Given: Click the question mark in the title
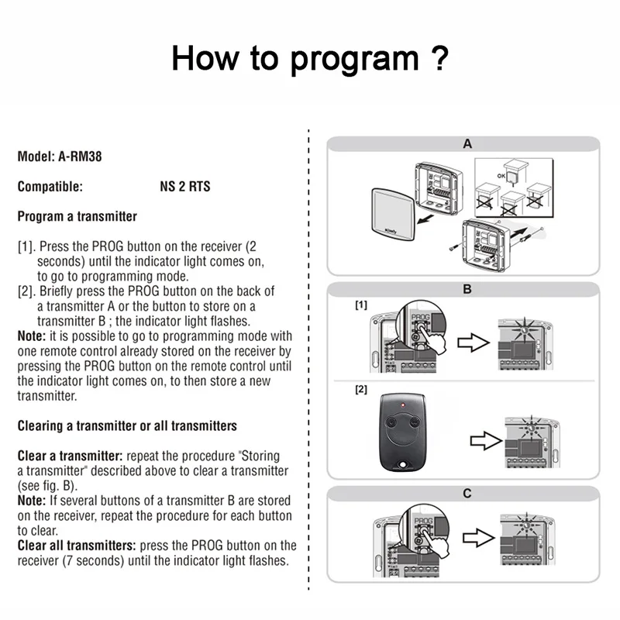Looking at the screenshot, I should click(439, 57).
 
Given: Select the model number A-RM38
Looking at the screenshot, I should click(80, 157).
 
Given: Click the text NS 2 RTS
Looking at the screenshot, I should click(179, 187).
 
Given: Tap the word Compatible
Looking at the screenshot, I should click(50, 187).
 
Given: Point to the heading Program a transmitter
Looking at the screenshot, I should click(77, 216).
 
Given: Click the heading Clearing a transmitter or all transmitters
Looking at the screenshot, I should click(127, 426).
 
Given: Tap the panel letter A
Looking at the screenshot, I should click(467, 144).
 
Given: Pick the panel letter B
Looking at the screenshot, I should click(467, 290).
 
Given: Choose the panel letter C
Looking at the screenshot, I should click(467, 494).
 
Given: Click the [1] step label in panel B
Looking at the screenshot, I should click(361, 306).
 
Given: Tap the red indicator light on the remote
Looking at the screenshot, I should click(403, 405).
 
